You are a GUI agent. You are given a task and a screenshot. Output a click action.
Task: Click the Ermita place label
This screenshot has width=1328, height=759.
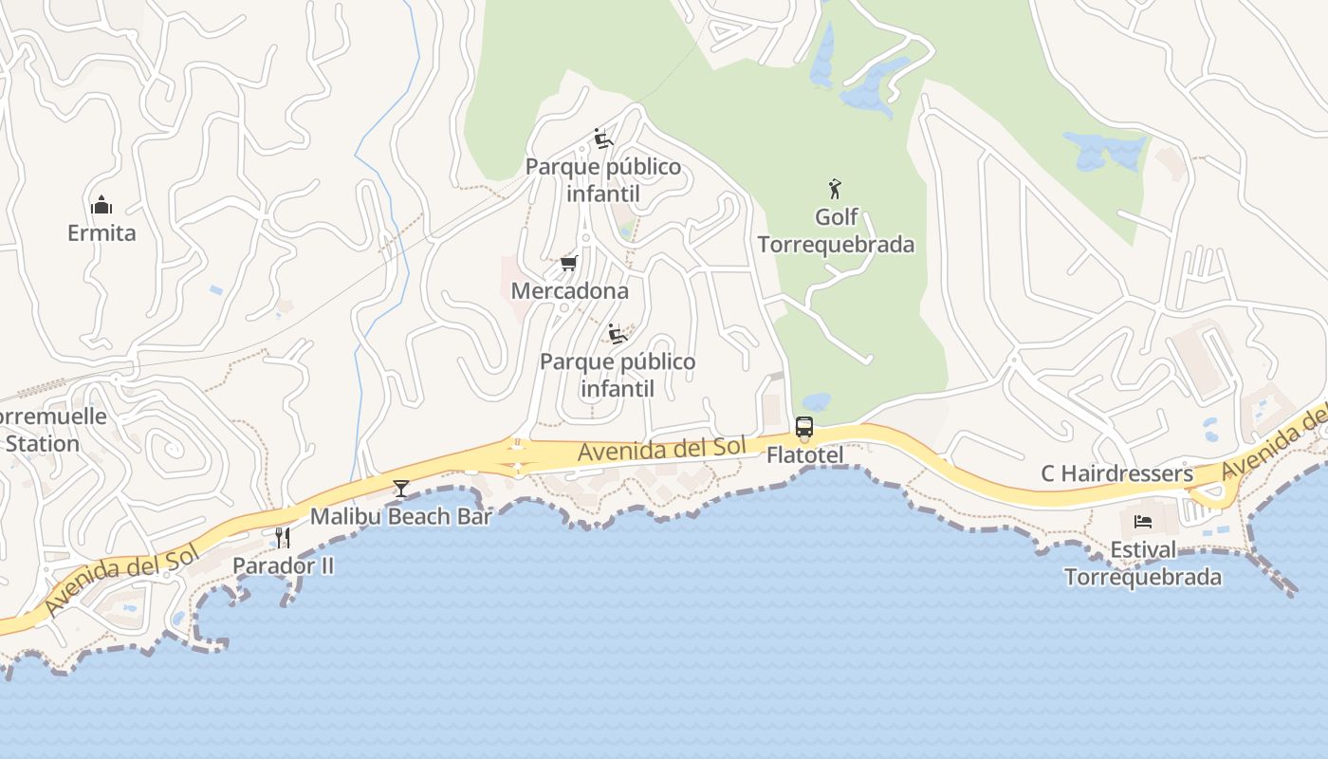pyautogui.click(x=101, y=232)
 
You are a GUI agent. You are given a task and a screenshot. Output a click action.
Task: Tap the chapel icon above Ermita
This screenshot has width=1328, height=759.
pyautogui.click(x=101, y=205)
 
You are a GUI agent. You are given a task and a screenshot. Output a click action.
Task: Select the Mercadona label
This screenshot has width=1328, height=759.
pyautogui.click(x=569, y=290)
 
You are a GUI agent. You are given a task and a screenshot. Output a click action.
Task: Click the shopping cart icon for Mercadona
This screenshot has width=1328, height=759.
pyautogui.click(x=568, y=263)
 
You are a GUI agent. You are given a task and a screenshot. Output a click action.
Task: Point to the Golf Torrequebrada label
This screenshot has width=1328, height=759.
pyautogui.click(x=836, y=231)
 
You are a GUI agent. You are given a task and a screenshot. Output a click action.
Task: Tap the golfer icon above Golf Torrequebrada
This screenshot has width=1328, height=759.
pyautogui.click(x=835, y=189)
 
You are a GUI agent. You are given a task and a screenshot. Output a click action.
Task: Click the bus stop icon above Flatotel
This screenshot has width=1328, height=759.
pyautogui.click(x=804, y=427)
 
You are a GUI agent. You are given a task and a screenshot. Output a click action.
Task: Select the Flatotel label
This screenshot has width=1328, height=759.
pyautogui.click(x=804, y=456)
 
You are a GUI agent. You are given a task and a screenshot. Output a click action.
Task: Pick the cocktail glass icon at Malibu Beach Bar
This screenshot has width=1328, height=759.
pyautogui.click(x=401, y=489)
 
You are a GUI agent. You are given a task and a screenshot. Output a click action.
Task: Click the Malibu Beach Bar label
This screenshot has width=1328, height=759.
pyautogui.click(x=401, y=517)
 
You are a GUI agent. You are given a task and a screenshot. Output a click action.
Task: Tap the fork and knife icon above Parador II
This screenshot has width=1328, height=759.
pyautogui.click(x=283, y=538)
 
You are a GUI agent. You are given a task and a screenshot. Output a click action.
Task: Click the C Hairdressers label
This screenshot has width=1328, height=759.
pyautogui.click(x=1116, y=473)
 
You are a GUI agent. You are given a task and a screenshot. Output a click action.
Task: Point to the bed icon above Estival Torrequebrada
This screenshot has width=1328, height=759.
pyautogui.click(x=1143, y=522)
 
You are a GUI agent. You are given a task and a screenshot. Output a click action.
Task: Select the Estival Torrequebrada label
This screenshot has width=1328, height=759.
pyautogui.click(x=1143, y=564)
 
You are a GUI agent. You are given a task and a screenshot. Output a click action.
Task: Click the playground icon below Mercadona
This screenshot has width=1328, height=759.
pyautogui.click(x=618, y=334)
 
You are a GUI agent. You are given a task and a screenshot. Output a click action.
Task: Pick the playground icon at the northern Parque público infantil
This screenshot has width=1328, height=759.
pyautogui.click(x=602, y=139)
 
